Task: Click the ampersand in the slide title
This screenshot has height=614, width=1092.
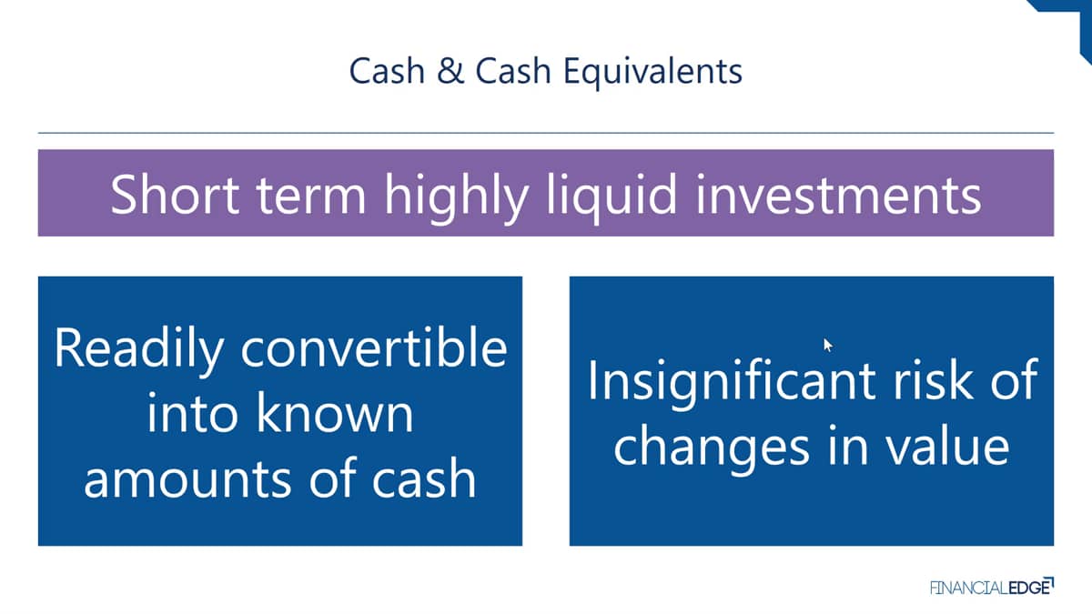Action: pos(450,71)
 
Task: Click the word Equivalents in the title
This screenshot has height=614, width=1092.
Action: pos(652,72)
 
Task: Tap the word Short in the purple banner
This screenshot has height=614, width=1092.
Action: pos(175,195)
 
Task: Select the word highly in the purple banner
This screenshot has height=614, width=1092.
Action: pos(456,198)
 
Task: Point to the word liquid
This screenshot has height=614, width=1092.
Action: pos(612,198)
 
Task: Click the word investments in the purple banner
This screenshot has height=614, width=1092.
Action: pos(838,195)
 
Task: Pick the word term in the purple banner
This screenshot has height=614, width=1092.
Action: pos(311,196)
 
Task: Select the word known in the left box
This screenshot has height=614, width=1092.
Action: pos(335,412)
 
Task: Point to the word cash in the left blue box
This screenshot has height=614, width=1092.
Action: pos(424,478)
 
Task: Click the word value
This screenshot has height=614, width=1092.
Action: pos(947,445)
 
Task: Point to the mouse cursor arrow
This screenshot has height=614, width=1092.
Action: pos(828,345)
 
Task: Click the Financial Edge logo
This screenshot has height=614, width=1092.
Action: pos(992,587)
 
